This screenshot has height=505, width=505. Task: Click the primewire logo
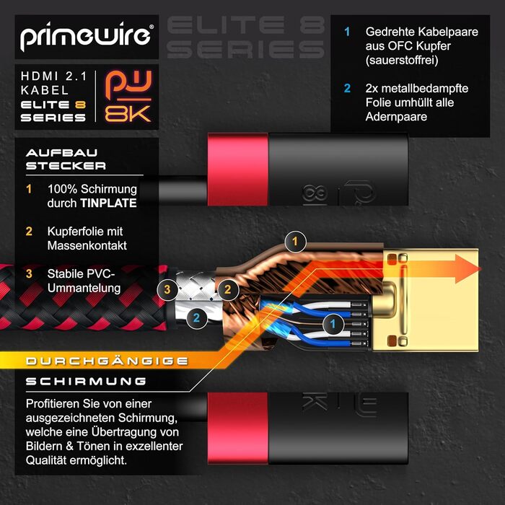(x=87, y=36)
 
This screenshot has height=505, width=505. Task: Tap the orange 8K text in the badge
(x=128, y=114)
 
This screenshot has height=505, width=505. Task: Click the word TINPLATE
(x=108, y=203)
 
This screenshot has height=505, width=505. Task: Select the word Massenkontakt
(x=87, y=246)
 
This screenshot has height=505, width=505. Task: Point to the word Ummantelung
(x=84, y=288)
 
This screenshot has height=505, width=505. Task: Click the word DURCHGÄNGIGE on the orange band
(x=107, y=361)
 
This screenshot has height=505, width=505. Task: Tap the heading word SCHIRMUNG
(x=86, y=382)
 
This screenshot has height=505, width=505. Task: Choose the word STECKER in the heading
(x=66, y=166)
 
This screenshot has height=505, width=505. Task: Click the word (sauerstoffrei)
(x=402, y=60)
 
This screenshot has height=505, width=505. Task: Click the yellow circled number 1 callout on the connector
(x=295, y=242)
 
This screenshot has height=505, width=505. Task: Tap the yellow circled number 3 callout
(x=167, y=289)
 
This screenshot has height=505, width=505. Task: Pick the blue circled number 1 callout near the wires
(x=333, y=324)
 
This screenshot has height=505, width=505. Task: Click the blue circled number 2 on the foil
(x=196, y=318)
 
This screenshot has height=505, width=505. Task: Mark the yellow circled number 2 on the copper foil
(x=228, y=289)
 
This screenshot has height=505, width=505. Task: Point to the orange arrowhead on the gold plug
(x=467, y=268)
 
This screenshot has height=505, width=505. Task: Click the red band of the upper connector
(x=238, y=170)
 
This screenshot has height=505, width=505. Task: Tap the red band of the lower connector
(x=238, y=428)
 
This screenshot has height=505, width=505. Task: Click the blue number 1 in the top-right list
(x=347, y=32)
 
